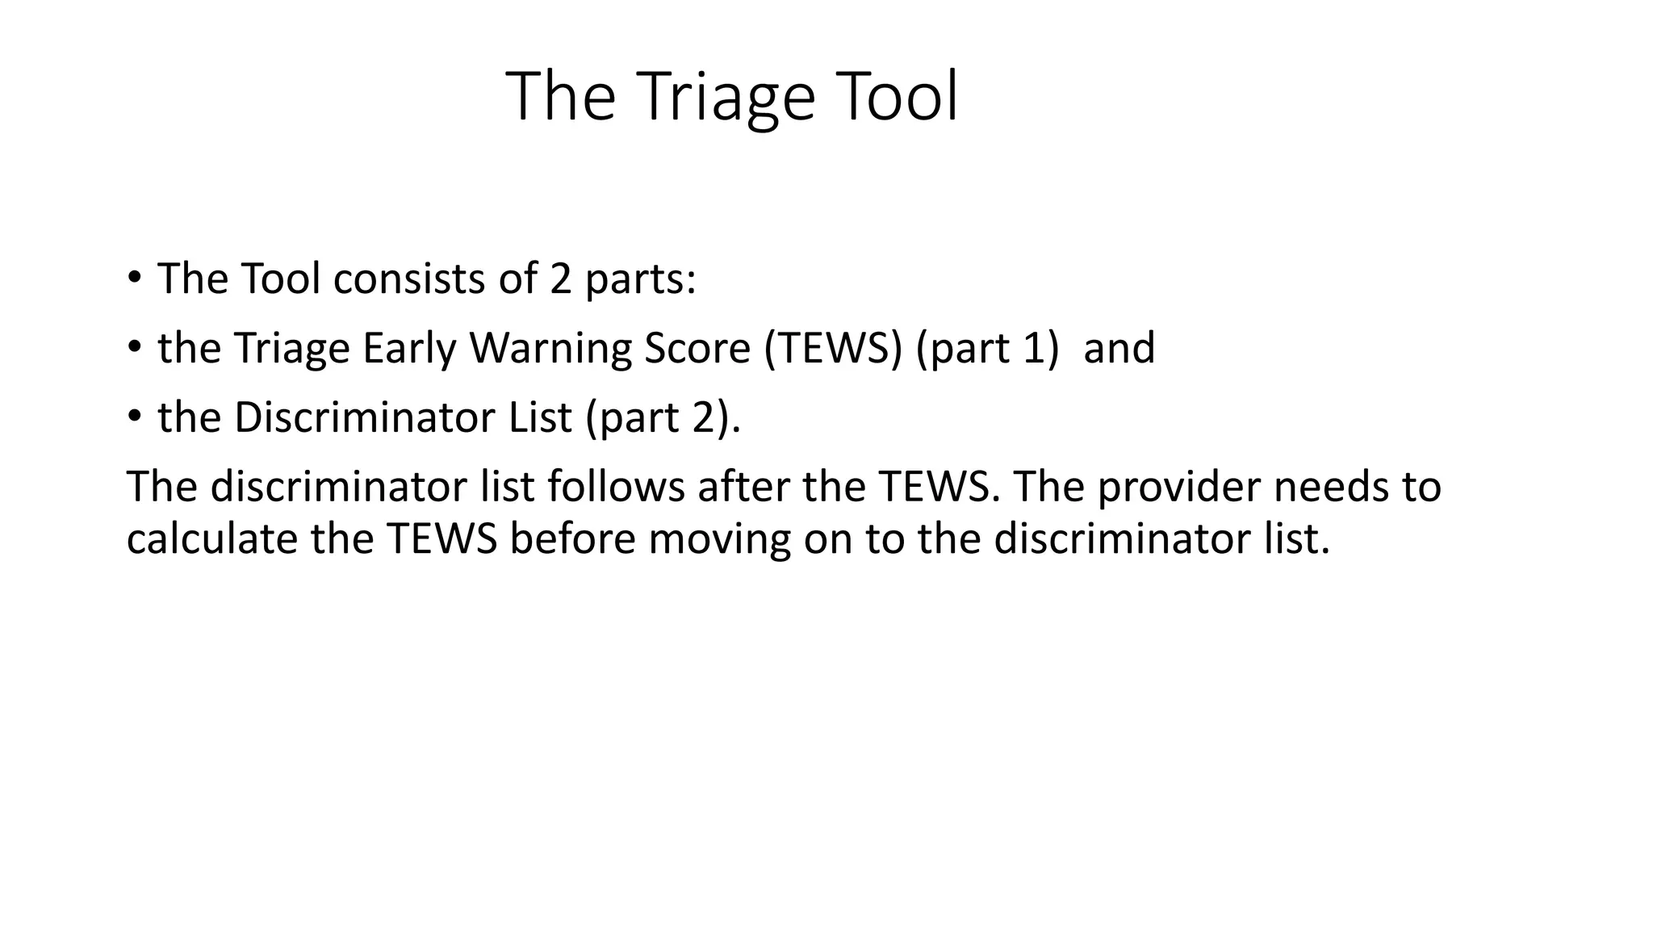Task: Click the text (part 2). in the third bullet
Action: pos(662,417)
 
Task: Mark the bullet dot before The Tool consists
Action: pos(134,279)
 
